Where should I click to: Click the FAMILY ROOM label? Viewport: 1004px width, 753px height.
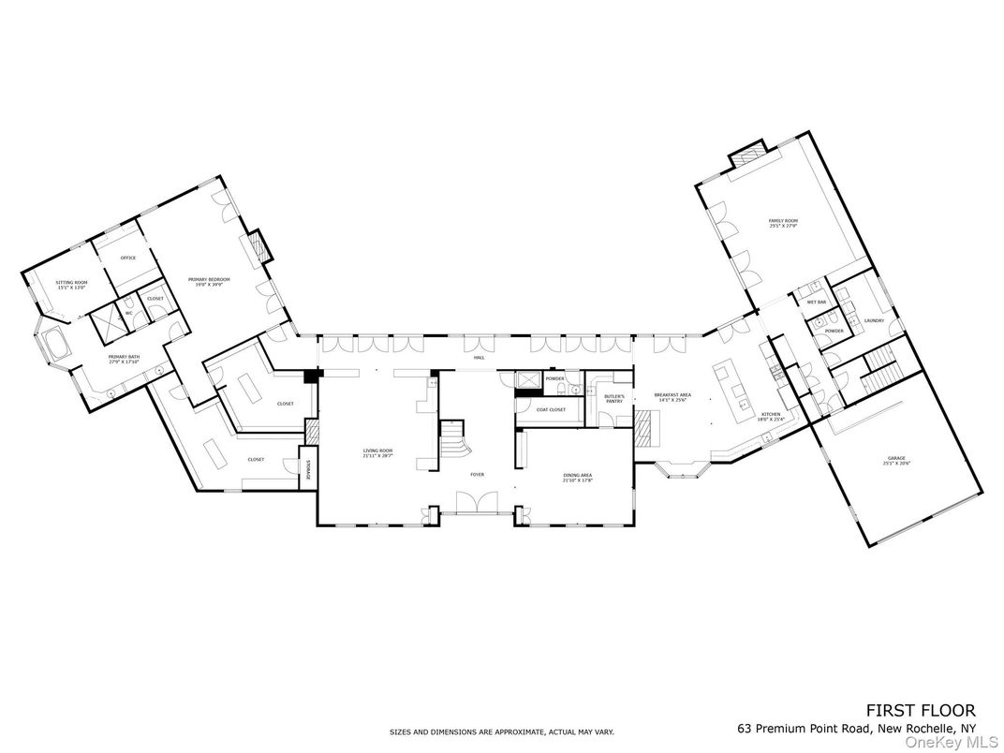point(782,222)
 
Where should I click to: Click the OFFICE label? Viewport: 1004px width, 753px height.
point(128,258)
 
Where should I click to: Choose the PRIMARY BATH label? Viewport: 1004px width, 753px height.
point(124,358)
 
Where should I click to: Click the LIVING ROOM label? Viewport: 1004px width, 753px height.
point(378,453)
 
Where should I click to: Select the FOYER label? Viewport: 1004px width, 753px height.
point(478,475)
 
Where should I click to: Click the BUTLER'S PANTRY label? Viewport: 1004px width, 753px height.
point(613,399)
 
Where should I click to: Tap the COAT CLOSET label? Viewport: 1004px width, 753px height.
point(551,409)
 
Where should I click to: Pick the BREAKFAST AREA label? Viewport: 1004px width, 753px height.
point(672,397)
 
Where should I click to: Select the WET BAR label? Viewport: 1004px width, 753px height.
point(816,303)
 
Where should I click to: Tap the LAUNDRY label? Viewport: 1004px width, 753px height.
point(875,321)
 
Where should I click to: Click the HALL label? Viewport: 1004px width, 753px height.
point(479,358)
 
